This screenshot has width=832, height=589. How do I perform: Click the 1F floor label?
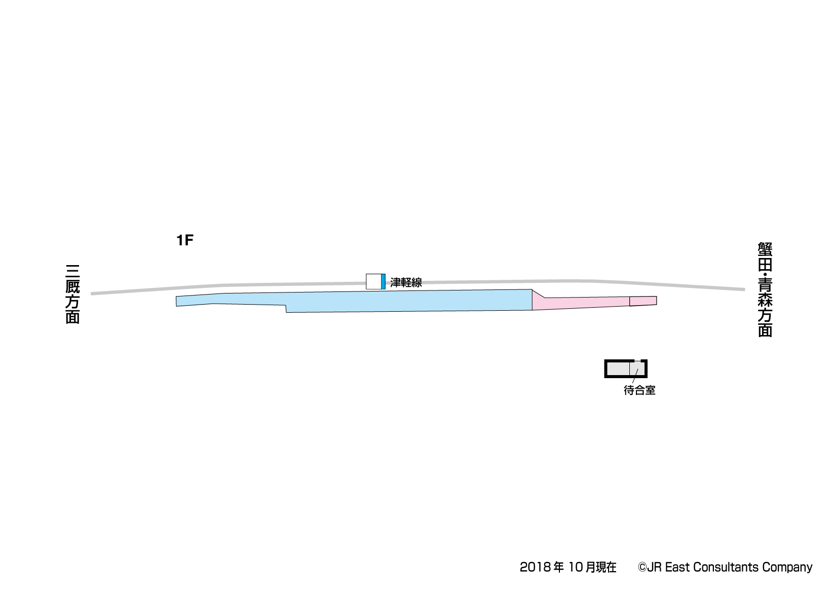pyautogui.click(x=184, y=240)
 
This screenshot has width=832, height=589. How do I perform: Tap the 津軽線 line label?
pyautogui.click(x=406, y=282)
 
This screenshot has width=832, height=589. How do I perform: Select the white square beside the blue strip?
pyautogui.click(x=373, y=282)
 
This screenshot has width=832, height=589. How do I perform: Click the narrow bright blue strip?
pyautogui.click(x=383, y=282)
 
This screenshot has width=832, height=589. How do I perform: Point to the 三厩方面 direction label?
pyautogui.click(x=73, y=294)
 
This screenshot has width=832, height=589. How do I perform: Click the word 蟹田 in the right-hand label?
pyautogui.click(x=765, y=257)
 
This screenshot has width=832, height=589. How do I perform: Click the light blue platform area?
pyautogui.click(x=371, y=301)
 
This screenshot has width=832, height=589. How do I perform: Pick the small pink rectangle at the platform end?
pyautogui.click(x=643, y=301)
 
